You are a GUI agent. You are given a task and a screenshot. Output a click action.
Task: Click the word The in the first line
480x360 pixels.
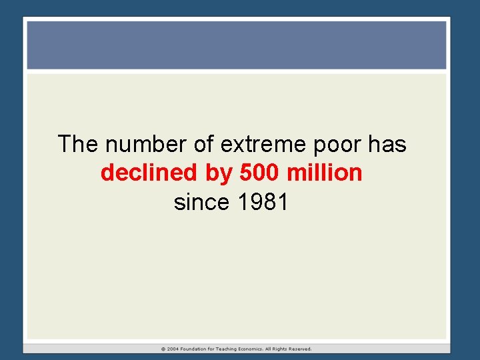(79, 143)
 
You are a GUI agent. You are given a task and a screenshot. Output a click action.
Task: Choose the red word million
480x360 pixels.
(324, 173)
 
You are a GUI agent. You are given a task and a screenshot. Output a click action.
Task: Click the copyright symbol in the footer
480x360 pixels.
(163, 349)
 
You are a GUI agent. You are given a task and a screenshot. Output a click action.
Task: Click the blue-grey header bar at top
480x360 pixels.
(236, 45)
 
